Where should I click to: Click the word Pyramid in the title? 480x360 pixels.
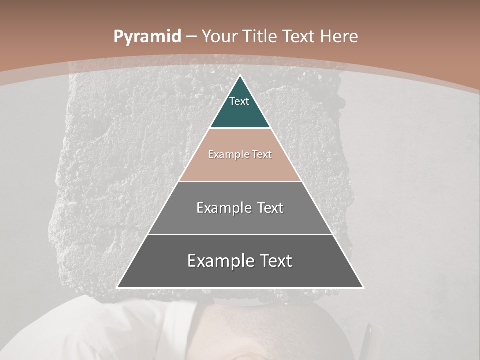pyautogui.click(x=147, y=36)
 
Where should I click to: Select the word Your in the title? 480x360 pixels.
pyautogui.click(x=219, y=36)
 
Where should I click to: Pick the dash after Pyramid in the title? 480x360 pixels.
pyautogui.click(x=191, y=37)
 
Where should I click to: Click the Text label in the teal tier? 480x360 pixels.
pyautogui.click(x=239, y=101)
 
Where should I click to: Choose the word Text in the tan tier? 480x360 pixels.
pyautogui.click(x=262, y=155)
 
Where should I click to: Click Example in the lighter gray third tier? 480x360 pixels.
pyautogui.click(x=222, y=208)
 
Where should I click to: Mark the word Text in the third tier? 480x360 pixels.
pyautogui.click(x=270, y=208)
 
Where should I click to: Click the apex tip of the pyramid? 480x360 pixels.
pyautogui.click(x=240, y=76)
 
